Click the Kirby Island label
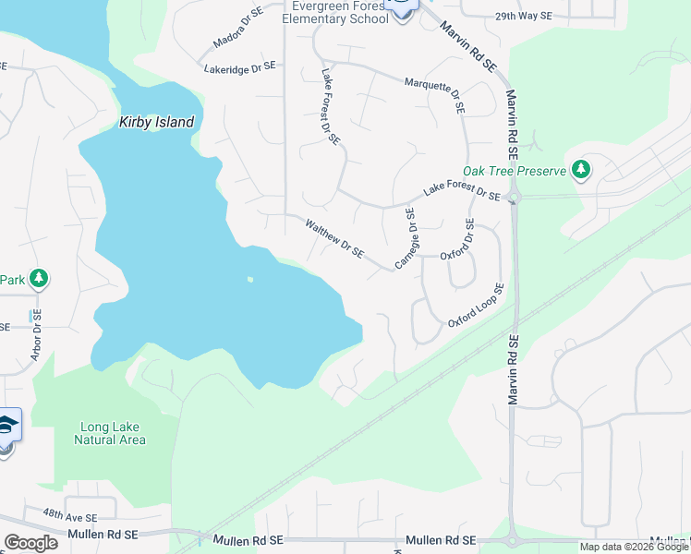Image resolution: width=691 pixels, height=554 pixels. click(x=157, y=122)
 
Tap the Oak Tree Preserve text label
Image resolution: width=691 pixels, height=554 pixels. click(x=514, y=171)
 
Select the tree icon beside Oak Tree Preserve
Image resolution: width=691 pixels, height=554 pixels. click(x=581, y=169)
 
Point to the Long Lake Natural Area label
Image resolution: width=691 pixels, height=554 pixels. click(x=110, y=433)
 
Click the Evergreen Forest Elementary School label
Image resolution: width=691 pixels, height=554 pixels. click(x=333, y=12)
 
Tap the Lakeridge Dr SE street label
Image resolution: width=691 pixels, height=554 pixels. click(x=239, y=67)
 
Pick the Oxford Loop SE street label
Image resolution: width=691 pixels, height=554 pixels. click(x=476, y=306)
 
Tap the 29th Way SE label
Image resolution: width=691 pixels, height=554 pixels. click(x=523, y=17)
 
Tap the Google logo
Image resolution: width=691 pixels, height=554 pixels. click(x=30, y=543)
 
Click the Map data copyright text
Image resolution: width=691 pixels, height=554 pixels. click(x=634, y=547)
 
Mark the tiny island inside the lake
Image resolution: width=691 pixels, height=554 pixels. click(x=249, y=280)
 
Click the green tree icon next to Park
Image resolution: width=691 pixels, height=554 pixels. click(x=38, y=279)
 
